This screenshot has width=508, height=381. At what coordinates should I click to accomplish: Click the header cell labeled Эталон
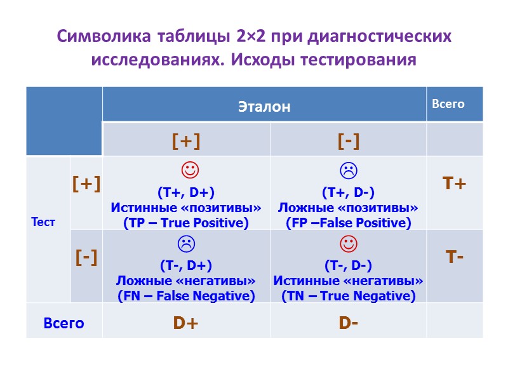(264, 106)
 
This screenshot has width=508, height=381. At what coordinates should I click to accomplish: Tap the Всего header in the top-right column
(448, 104)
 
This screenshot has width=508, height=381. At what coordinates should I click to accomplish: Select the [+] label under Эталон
(186, 141)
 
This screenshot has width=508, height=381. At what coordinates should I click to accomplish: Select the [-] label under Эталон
(349, 141)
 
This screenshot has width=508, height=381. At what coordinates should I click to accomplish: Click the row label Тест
(43, 222)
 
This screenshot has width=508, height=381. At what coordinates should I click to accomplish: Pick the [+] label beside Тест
(86, 184)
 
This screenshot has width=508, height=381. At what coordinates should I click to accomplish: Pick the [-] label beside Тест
(86, 257)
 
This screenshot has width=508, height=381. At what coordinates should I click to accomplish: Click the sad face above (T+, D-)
(348, 170)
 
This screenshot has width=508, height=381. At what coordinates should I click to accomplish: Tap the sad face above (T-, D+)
(186, 243)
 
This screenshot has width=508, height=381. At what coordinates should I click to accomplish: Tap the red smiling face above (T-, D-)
(348, 243)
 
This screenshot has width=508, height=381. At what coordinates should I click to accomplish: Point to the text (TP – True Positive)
(186, 223)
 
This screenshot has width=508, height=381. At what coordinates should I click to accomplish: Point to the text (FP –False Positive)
(348, 223)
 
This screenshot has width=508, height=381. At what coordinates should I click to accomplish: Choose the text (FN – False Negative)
(186, 296)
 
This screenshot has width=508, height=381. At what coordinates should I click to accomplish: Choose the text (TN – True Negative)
(348, 296)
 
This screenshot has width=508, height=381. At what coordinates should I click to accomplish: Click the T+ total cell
(455, 184)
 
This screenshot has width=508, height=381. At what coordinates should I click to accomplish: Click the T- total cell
(455, 257)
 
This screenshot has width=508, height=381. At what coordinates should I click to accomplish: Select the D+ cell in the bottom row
(186, 323)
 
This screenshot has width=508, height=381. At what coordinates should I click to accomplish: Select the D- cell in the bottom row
(348, 323)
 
